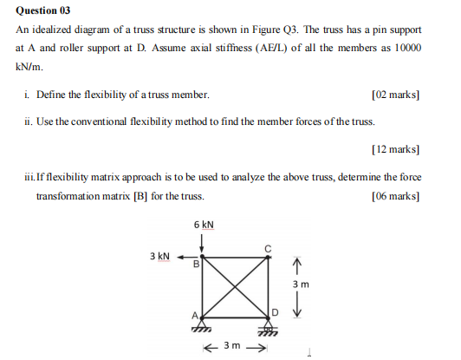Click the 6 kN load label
tap(204, 225)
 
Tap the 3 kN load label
tap(160, 257)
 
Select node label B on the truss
tap(196, 265)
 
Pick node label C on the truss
tap(269, 249)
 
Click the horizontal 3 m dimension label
tap(232, 347)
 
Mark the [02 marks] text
tap(394, 93)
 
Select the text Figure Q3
tap(244, 30)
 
